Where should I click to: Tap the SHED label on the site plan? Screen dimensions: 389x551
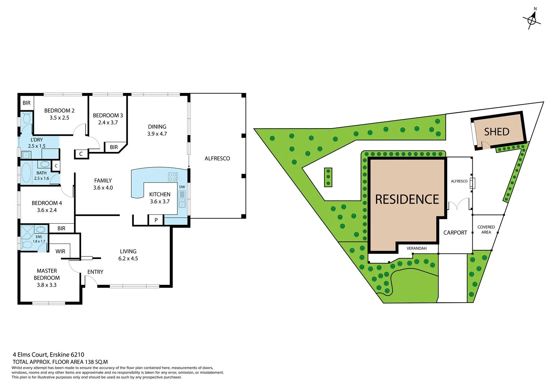(x=497, y=132)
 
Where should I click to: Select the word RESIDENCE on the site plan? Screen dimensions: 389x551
(x=407, y=199)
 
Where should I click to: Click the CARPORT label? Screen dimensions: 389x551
(x=455, y=233)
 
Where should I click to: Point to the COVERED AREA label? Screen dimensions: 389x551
(x=486, y=229)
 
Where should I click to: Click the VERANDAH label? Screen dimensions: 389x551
(x=416, y=248)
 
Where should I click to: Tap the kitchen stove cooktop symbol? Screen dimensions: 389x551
(x=173, y=176)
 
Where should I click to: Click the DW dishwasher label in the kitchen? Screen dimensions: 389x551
(x=182, y=187)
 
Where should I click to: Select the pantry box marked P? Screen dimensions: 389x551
(x=156, y=220)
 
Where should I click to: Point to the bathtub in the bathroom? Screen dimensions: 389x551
(x=26, y=173)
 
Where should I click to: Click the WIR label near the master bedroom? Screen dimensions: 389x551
(x=60, y=251)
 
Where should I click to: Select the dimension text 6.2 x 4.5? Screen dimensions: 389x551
(x=128, y=258)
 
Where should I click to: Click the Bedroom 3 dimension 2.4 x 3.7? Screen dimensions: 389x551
(x=108, y=122)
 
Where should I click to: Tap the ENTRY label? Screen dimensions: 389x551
(x=95, y=272)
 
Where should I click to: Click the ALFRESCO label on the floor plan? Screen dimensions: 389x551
(x=217, y=158)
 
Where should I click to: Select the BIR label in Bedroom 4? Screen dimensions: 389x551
(x=61, y=228)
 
